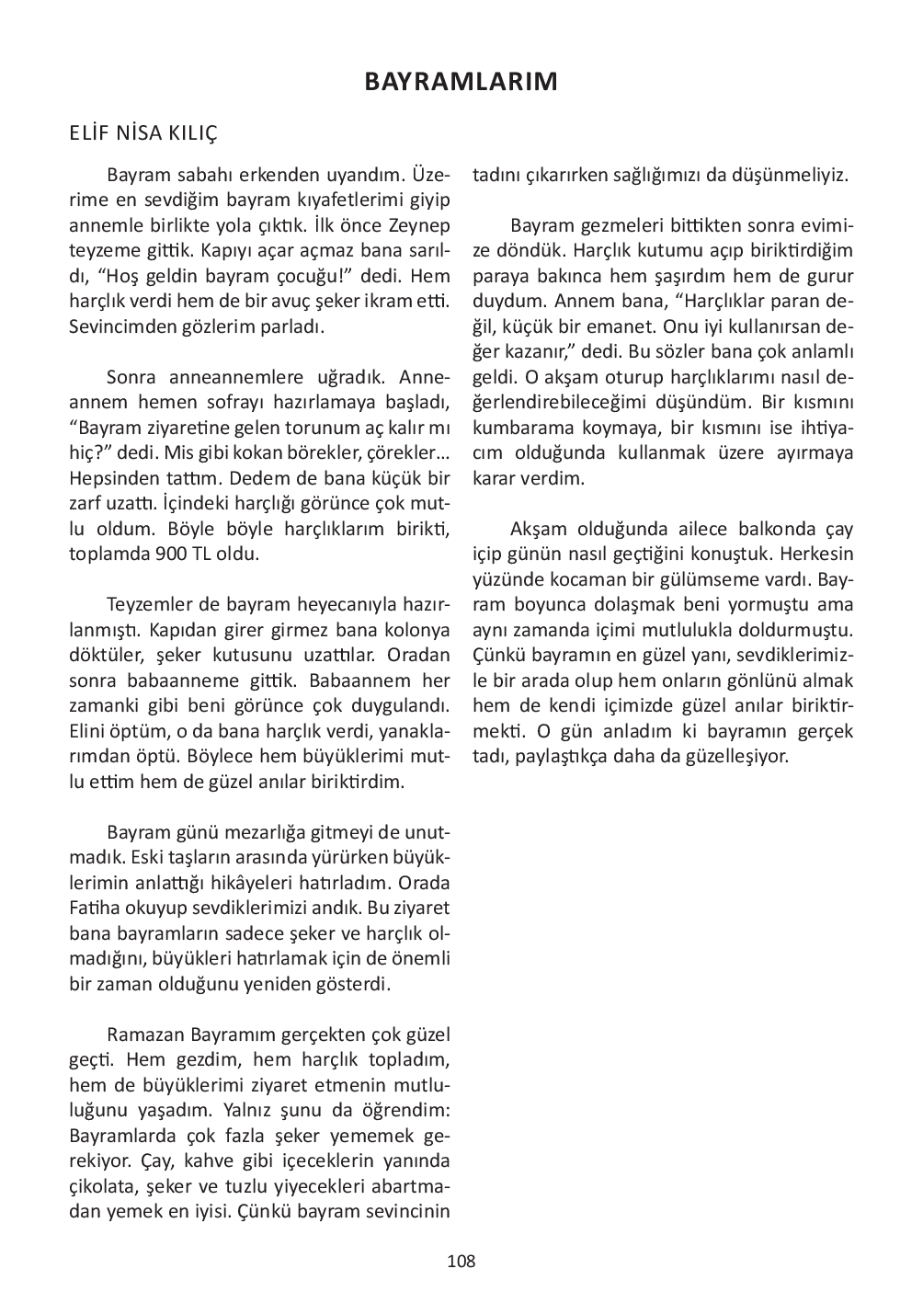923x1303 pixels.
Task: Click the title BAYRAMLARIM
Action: pyautogui.click(x=461, y=82)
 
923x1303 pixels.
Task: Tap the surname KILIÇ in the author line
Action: pyautogui.click(x=192, y=133)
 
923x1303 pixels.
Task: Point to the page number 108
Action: pyautogui.click(x=461, y=1261)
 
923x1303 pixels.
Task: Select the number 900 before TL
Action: pyautogui.click(x=158, y=554)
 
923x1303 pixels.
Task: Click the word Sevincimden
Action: pyautogui.click(x=120, y=326)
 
